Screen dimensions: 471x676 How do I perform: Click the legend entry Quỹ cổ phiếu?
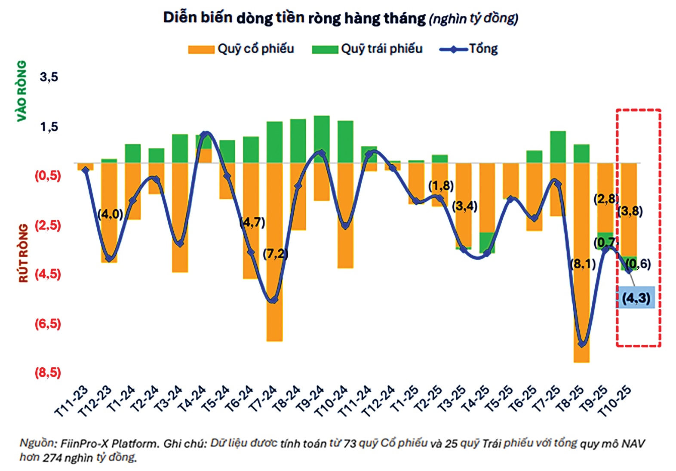point(241,49)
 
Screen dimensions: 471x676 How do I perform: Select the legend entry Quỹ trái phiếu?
point(368,49)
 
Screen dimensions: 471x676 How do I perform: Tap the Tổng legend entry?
point(469,49)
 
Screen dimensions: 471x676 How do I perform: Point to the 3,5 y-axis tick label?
point(49,77)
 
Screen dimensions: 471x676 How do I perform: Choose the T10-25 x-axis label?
point(616,402)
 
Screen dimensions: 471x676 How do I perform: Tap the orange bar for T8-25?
point(581,262)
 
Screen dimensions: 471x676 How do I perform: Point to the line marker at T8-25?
point(582,343)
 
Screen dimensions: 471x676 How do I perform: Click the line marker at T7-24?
point(274,299)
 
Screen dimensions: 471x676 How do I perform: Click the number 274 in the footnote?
point(52,458)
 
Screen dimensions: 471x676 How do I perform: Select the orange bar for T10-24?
point(345,215)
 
